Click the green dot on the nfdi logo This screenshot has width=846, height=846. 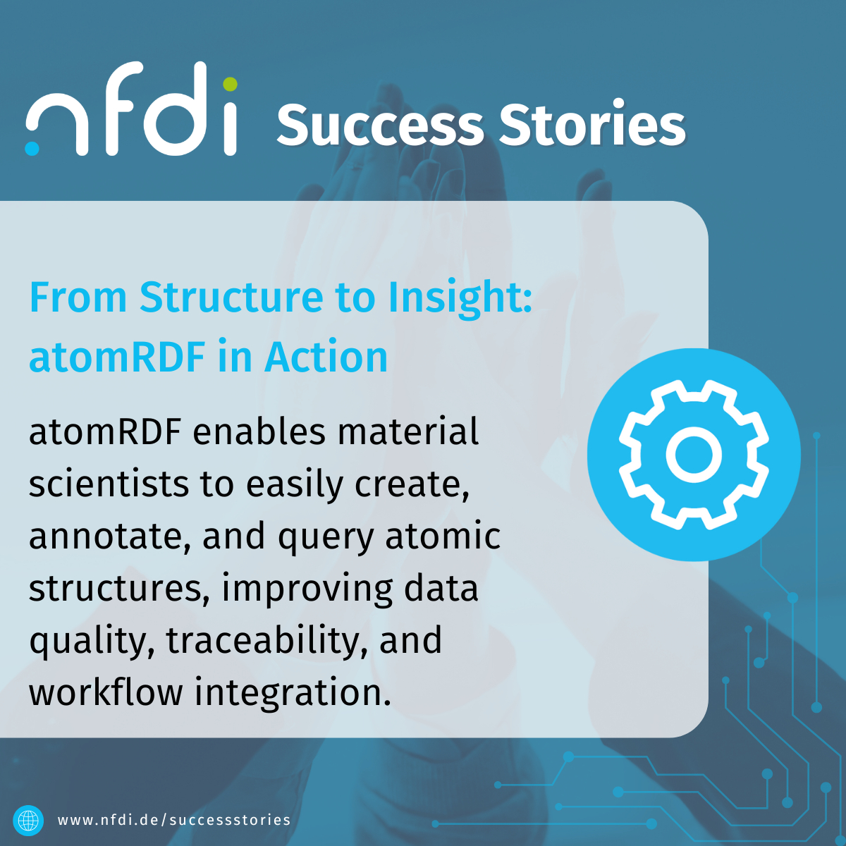230,84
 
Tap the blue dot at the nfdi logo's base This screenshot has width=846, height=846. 32,148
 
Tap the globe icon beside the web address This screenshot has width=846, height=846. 28,820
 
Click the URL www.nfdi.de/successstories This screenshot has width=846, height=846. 174,820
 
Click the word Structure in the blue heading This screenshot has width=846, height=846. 232,298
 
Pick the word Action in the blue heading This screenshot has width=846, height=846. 326,357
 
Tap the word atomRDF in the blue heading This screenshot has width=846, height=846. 117,357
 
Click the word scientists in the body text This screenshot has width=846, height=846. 109,484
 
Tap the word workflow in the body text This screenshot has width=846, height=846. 106,692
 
